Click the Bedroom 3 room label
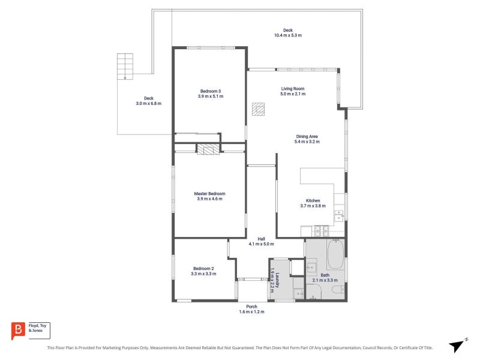(x=211, y=91)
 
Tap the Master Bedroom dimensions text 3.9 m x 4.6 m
(x=209, y=199)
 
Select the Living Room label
(x=293, y=89)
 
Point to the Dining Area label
(x=307, y=137)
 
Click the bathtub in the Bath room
(x=335, y=254)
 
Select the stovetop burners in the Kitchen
(x=322, y=231)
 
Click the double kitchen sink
(x=339, y=215)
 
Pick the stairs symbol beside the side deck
(x=125, y=67)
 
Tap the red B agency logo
(x=18, y=331)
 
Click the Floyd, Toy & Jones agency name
(x=37, y=328)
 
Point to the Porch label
(x=251, y=307)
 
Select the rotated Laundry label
(x=277, y=280)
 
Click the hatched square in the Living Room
(x=258, y=109)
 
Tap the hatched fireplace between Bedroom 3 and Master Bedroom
(x=208, y=149)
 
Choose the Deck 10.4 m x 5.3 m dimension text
(x=288, y=35)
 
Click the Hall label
(x=261, y=239)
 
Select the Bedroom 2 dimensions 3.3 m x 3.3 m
(x=203, y=274)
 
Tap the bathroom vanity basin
(x=311, y=267)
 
